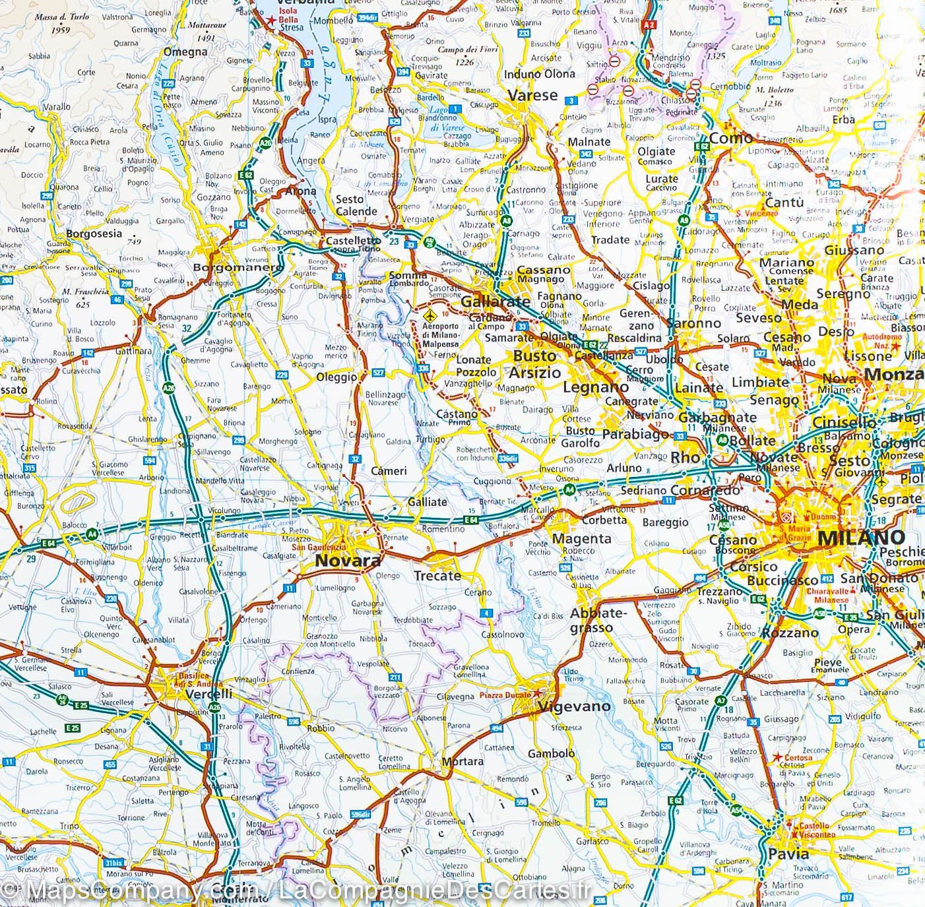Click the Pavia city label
click(x=788, y=854)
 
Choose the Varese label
click(x=532, y=95)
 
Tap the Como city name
click(x=731, y=138)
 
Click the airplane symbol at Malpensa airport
click(x=431, y=315)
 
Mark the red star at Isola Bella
click(x=269, y=20)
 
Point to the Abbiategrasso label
click(x=596, y=621)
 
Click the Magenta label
click(x=581, y=538)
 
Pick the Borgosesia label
click(x=94, y=234)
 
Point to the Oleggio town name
click(x=336, y=377)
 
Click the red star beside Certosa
click(x=778, y=757)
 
